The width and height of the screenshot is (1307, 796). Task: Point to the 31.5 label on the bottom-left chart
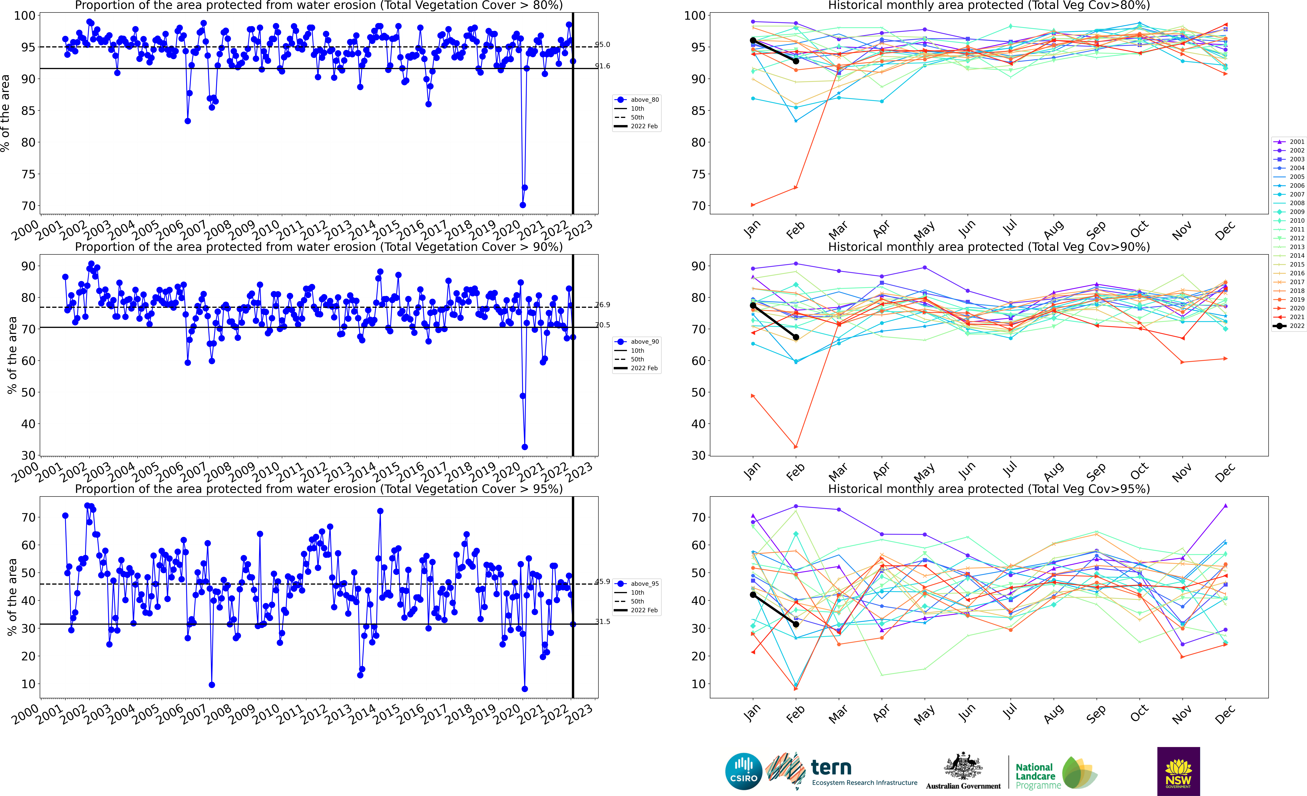(603, 621)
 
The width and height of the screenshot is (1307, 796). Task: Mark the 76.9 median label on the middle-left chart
(603, 305)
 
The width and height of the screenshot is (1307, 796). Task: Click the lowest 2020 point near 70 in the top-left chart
(522, 205)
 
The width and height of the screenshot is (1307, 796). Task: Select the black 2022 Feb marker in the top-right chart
(796, 61)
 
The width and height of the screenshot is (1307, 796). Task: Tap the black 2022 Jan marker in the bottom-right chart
(753, 595)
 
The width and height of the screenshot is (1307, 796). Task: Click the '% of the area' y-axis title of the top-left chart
(5, 113)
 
